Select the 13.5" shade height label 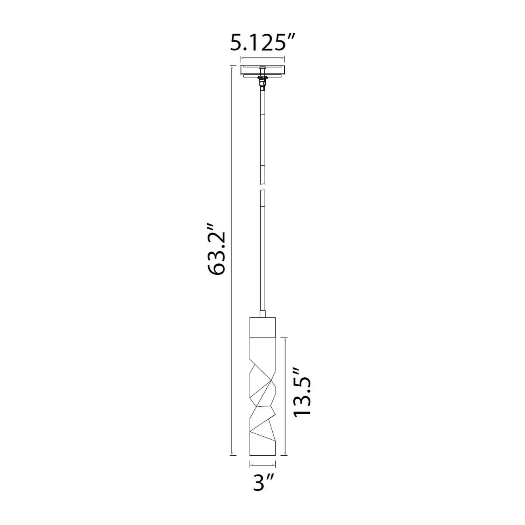[302, 392]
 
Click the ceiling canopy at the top [262, 71]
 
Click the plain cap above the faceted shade [262, 327]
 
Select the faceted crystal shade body [262, 397]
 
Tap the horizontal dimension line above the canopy [262, 58]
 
